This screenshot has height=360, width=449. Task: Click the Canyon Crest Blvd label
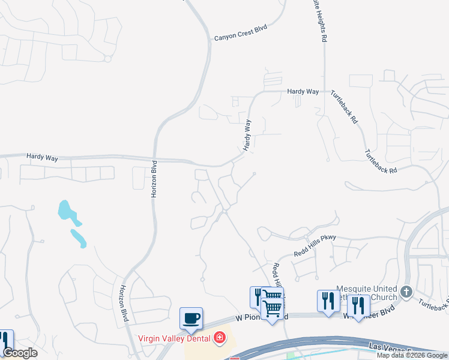(x=240, y=34)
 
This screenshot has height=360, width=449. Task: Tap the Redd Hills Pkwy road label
(x=315, y=245)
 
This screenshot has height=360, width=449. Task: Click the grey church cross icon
(x=406, y=292)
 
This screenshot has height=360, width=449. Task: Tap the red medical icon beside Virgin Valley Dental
(x=220, y=338)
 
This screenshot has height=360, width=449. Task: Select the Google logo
(x=20, y=353)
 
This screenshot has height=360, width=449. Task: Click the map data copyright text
(x=412, y=355)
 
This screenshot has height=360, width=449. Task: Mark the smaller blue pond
(x=79, y=238)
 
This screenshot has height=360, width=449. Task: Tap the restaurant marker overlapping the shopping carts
(x=258, y=297)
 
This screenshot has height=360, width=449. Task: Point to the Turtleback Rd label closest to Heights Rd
(x=344, y=107)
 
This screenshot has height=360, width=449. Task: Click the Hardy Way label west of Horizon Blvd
(x=42, y=157)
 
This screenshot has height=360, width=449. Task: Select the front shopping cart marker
(x=273, y=308)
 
